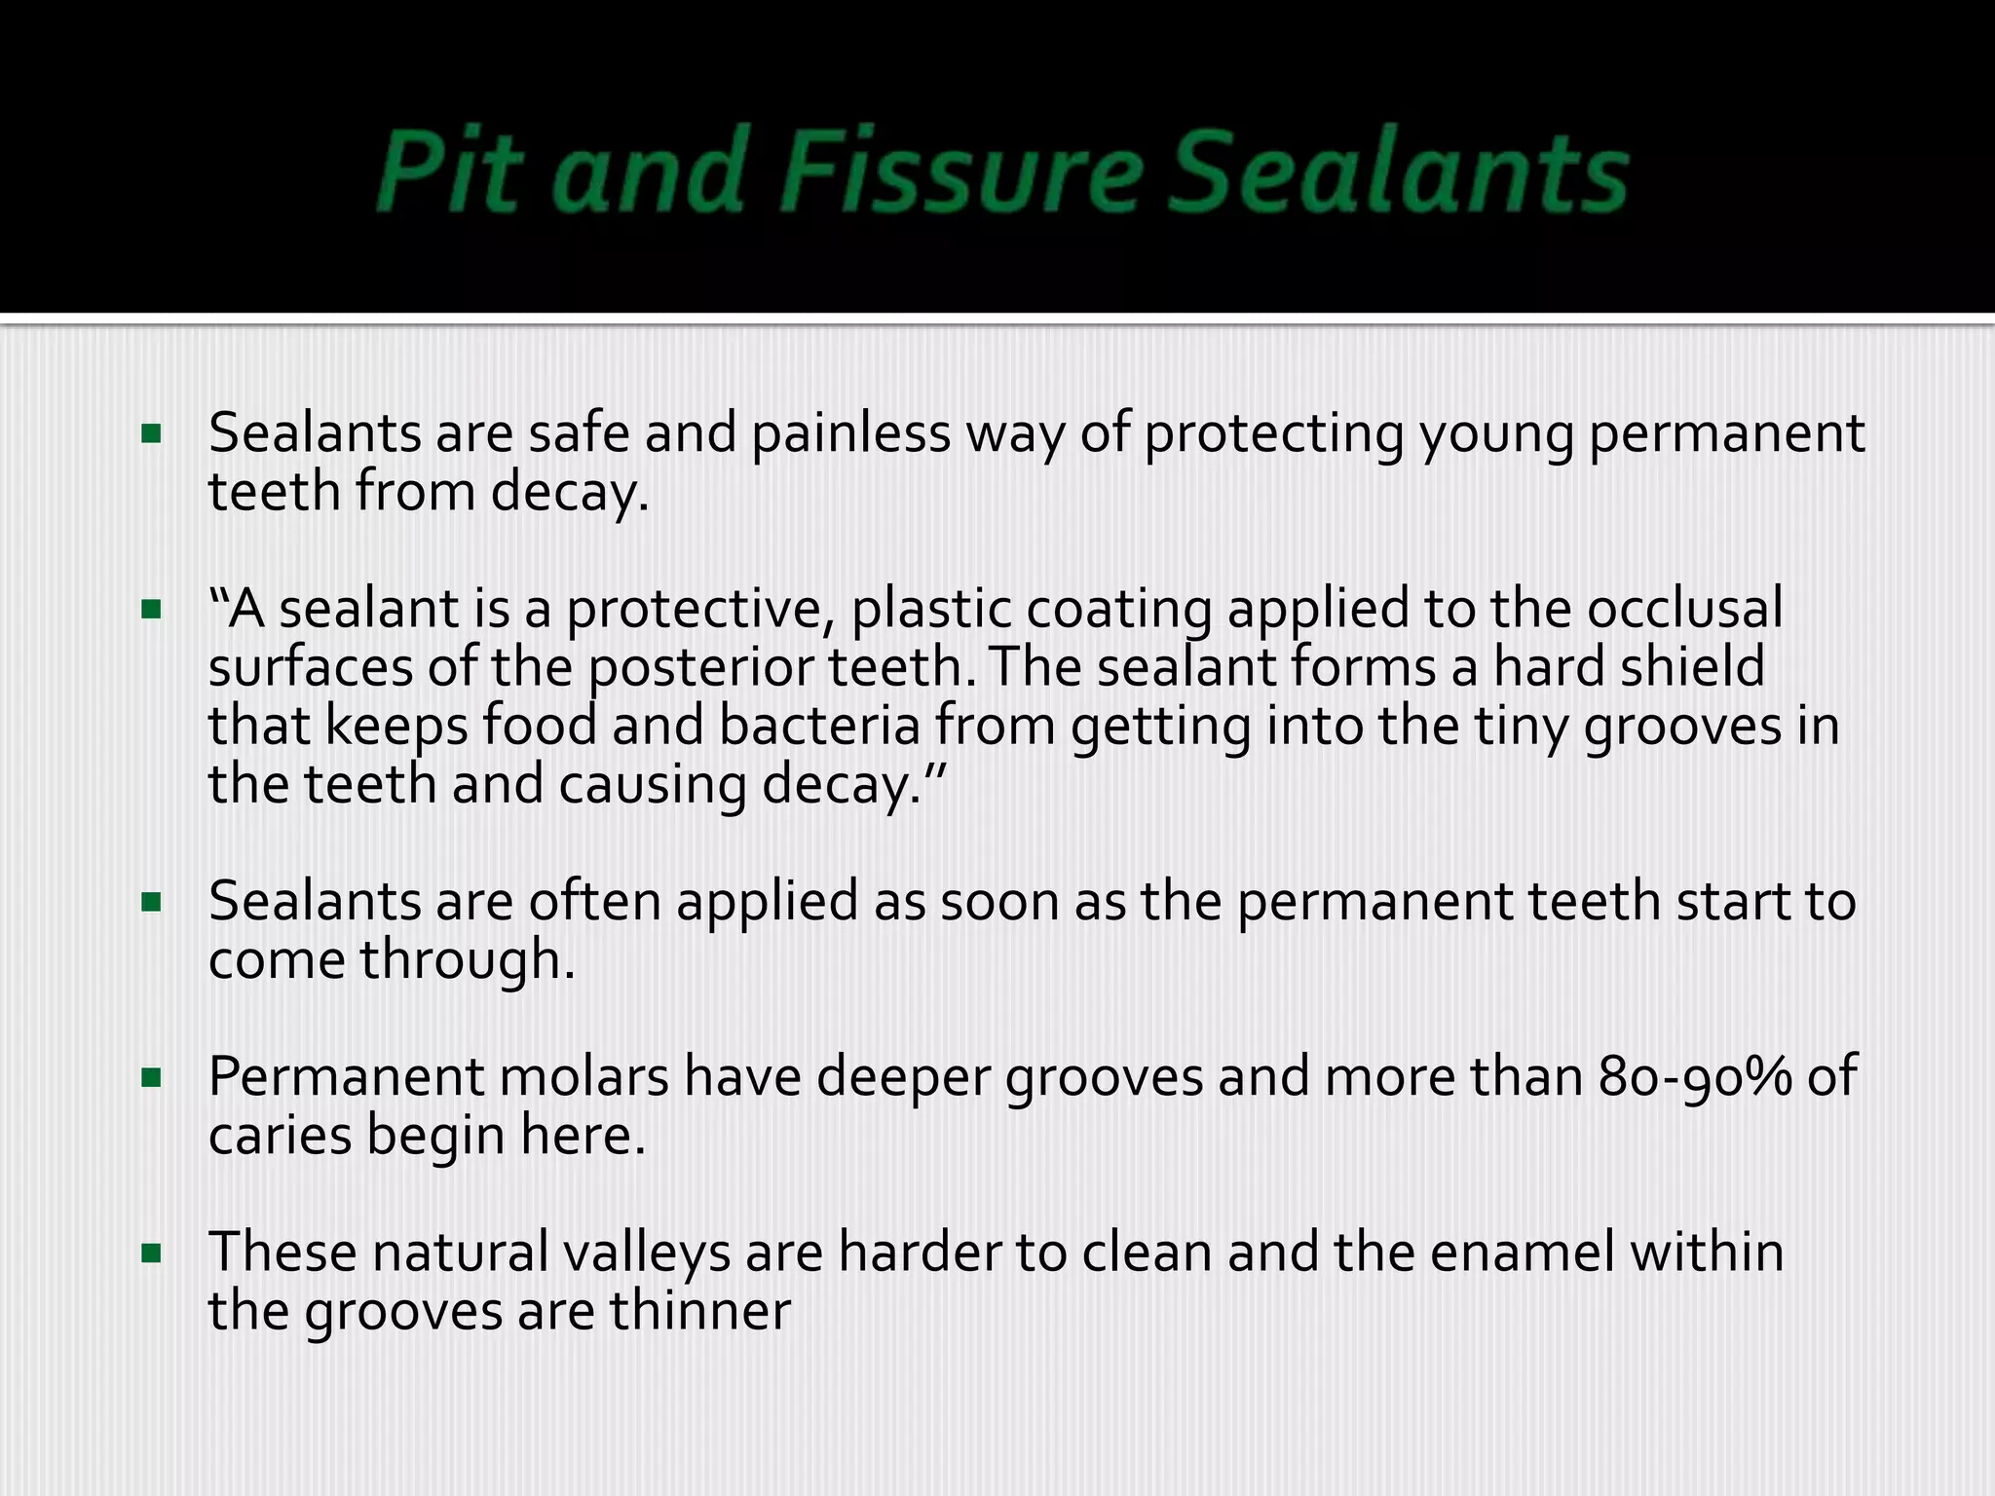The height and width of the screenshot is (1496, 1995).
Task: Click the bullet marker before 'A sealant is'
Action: [x=151, y=611]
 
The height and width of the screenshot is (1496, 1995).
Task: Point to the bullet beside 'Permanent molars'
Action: [x=151, y=1078]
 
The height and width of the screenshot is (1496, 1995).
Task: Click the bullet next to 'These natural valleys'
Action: [x=151, y=1253]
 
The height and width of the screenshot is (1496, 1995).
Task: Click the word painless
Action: [x=850, y=433]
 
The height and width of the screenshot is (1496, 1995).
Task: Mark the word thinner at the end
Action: [x=699, y=1311]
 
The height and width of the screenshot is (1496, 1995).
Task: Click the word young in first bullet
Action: [x=1495, y=435]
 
